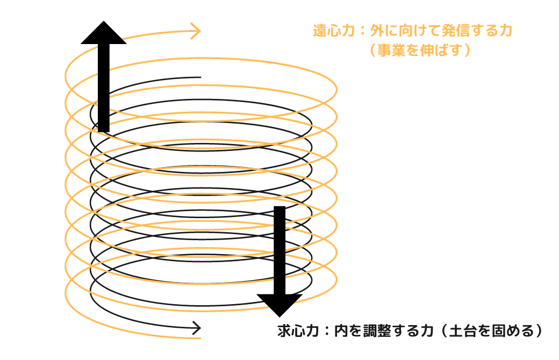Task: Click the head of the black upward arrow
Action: tap(104, 34)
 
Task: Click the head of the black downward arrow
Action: tap(279, 304)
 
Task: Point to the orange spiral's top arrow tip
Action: tap(199, 31)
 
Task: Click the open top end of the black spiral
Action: tap(200, 77)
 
